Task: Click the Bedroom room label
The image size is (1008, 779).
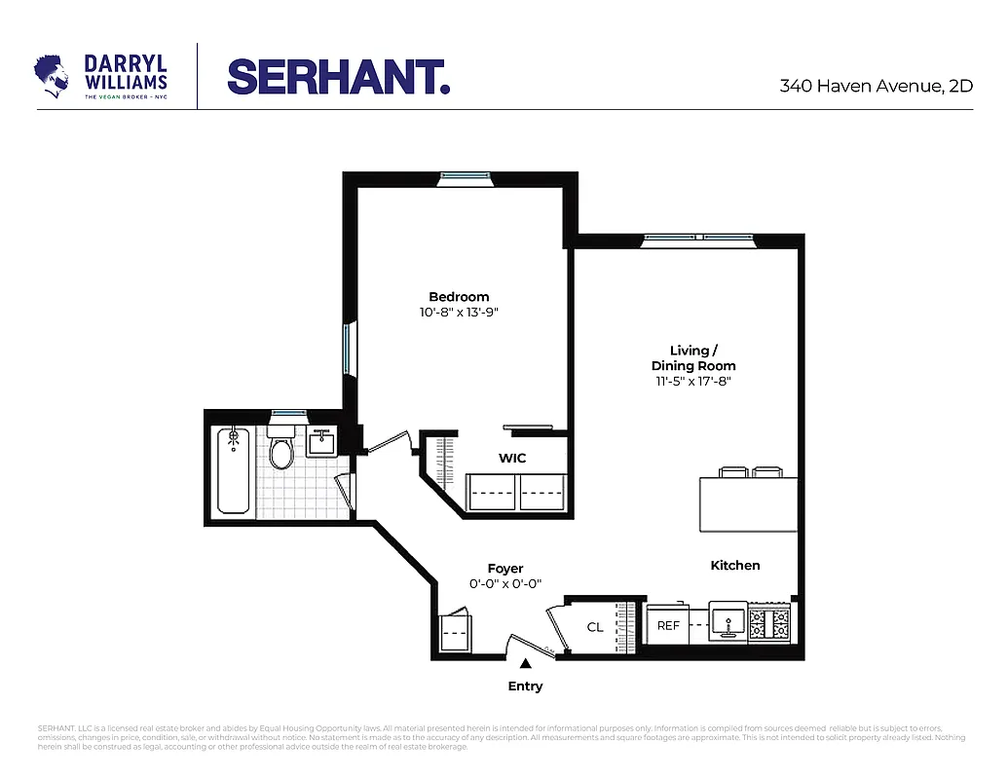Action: (459, 297)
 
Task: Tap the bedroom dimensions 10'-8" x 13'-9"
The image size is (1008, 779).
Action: (459, 313)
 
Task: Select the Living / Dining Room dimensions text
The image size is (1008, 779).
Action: (693, 382)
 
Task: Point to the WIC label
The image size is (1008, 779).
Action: (513, 457)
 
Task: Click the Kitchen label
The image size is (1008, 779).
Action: (734, 565)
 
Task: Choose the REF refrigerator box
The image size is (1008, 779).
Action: (668, 625)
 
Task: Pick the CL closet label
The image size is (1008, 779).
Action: (595, 627)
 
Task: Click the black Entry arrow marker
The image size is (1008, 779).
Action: (525, 663)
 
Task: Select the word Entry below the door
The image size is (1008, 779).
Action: (525, 686)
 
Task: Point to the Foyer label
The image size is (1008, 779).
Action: (505, 569)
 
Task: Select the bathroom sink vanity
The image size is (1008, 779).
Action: (321, 443)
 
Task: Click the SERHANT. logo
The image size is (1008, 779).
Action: (338, 77)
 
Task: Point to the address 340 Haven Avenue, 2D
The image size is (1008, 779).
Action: (876, 86)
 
